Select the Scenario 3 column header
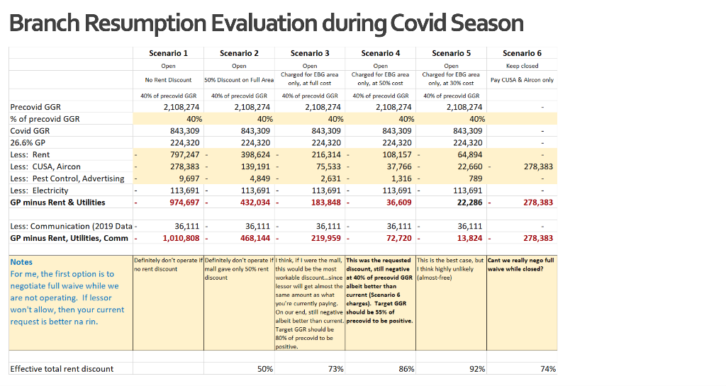[x=310, y=53]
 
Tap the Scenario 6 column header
[x=522, y=53]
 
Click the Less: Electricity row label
[x=40, y=191]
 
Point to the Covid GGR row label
[x=30, y=131]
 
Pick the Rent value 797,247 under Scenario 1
[x=184, y=155]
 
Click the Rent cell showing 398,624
[x=255, y=155]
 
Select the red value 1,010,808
[x=181, y=239]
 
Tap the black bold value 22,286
[x=469, y=203]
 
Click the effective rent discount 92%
[x=477, y=369]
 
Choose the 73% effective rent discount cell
[x=335, y=369]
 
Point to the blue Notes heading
[x=21, y=262]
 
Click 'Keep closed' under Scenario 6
[x=522, y=66]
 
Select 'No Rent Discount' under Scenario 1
[x=168, y=80]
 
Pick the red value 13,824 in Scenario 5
[x=469, y=239]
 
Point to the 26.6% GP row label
[x=28, y=143]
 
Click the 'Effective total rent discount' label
[x=62, y=369]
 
